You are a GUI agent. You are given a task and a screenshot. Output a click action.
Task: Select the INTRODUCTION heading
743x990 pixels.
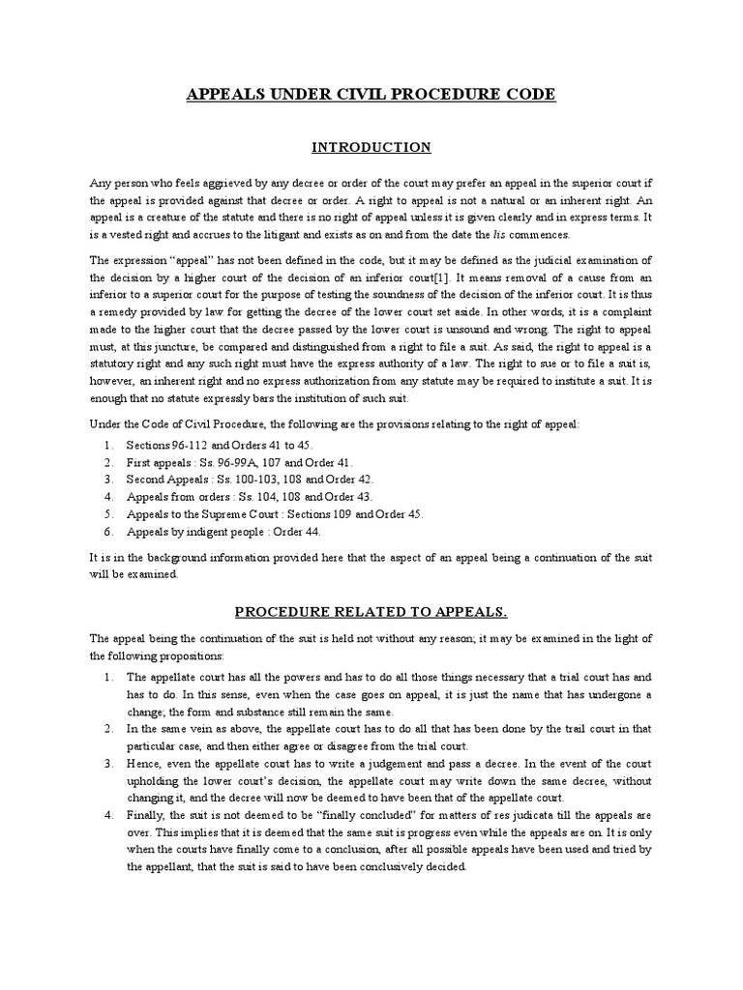(371, 148)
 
